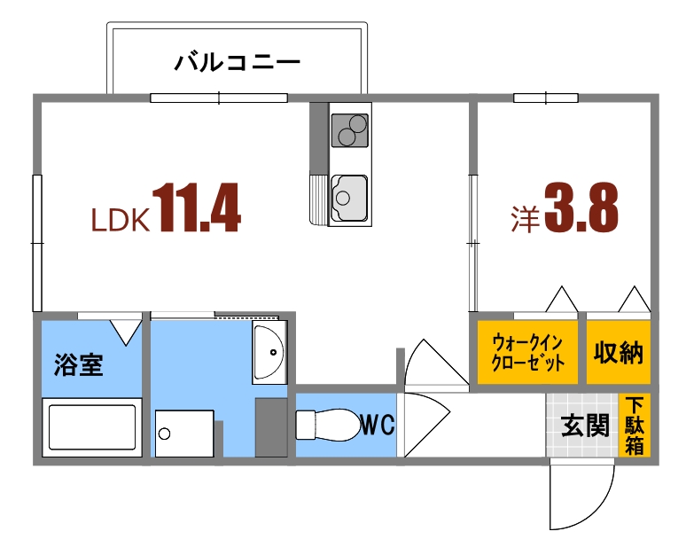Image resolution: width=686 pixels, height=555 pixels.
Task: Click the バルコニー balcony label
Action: click(x=238, y=62)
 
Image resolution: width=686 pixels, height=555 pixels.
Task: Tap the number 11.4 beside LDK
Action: click(x=197, y=208)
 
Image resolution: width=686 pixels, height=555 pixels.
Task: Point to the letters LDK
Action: click(x=120, y=220)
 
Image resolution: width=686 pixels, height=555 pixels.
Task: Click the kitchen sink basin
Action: click(x=349, y=195)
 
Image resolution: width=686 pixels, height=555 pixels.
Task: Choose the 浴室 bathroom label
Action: click(x=78, y=365)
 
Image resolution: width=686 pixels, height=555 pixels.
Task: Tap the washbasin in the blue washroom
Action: click(x=268, y=353)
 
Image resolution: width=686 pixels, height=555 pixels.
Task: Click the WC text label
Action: click(x=377, y=426)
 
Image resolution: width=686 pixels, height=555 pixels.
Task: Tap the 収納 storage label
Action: click(x=618, y=352)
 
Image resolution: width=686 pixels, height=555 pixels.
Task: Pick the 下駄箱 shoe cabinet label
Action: click(x=635, y=426)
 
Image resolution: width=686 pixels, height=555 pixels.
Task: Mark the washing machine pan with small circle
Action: click(x=185, y=433)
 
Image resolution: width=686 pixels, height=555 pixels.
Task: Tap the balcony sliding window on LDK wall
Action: click(x=219, y=98)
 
